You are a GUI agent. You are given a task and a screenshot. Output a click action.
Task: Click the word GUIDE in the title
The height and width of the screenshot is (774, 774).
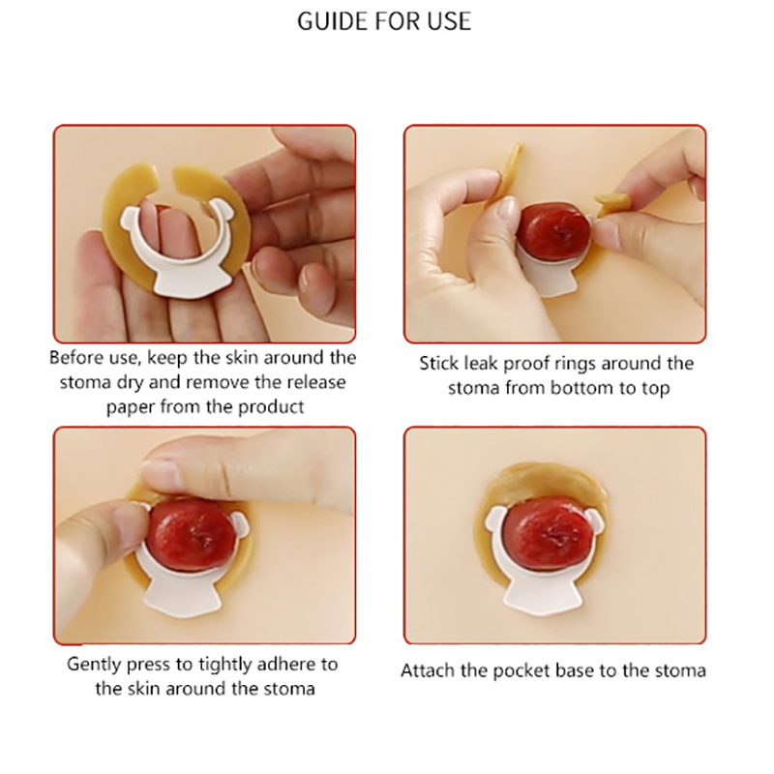coord(333,20)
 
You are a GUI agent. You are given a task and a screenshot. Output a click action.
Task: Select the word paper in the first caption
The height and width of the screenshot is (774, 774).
coord(131,407)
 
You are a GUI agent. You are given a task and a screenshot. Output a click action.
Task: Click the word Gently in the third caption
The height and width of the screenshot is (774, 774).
coord(93,665)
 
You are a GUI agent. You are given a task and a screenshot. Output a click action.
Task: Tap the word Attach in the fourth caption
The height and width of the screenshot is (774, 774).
coord(428,670)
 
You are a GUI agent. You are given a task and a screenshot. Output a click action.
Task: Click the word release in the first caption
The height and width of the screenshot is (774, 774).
coord(315,382)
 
